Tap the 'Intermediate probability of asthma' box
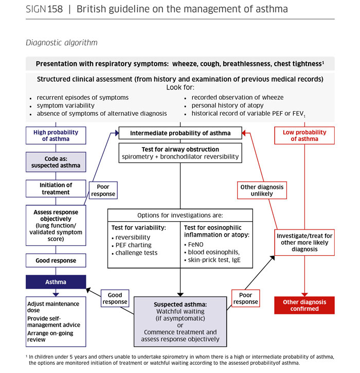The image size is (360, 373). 180,134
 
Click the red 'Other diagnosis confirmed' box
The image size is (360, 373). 304,305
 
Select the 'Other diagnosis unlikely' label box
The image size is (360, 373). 262,191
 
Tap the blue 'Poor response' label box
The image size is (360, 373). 103,191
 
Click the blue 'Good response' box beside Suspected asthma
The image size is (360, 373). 115,298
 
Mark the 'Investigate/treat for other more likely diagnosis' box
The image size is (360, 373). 304,242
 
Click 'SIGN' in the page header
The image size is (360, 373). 35,10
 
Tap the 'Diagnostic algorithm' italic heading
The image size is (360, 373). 61,43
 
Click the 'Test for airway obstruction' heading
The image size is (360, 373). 180,149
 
